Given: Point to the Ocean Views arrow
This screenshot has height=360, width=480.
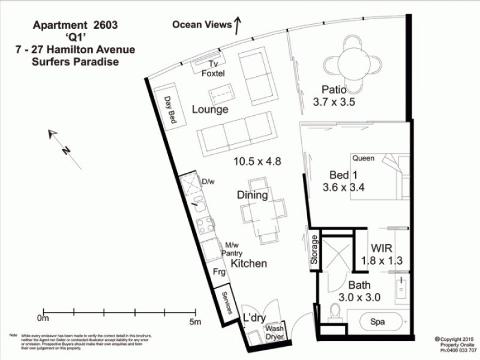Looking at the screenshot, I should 237,25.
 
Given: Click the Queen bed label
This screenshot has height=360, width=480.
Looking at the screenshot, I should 364,158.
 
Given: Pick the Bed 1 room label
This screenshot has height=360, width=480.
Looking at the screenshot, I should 342,175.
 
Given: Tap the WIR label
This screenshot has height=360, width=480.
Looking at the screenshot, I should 382,247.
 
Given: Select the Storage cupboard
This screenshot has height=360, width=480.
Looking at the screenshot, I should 314,251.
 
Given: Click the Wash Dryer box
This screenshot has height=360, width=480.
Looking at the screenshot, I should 275,332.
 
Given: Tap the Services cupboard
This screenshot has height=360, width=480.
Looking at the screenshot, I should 227,301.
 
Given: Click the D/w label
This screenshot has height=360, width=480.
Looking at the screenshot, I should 208,181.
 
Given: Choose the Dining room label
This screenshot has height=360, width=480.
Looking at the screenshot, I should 252,195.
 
